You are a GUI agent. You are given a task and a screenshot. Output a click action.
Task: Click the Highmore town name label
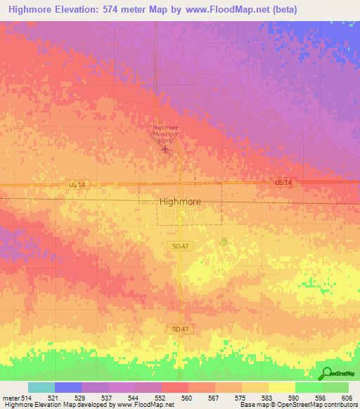pyautogui.click(x=180, y=201)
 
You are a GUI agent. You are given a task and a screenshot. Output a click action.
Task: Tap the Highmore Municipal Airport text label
pyautogui.click(x=166, y=134)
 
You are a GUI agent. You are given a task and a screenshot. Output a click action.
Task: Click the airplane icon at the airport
pyautogui.click(x=166, y=148)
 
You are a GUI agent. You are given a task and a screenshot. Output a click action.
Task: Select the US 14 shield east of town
pyautogui.click(x=283, y=183)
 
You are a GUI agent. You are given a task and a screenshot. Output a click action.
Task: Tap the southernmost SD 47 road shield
pyautogui.click(x=180, y=328)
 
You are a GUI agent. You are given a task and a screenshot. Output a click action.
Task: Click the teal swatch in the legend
pyautogui.click(x=41, y=387)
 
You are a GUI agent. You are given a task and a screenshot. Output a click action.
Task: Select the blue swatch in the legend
pyautogui.click(x=68, y=387)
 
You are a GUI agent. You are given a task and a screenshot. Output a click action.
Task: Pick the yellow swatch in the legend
pyautogui.click(x=281, y=387)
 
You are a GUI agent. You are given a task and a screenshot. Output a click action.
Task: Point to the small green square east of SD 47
pyautogui.click(x=224, y=242)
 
